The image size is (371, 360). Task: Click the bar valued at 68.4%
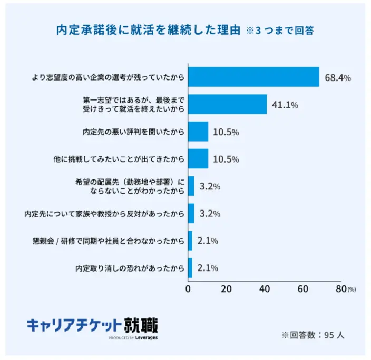pos(253,77)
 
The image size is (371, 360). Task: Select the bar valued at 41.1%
pos(227,105)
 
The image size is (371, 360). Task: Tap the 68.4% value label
pos(338,78)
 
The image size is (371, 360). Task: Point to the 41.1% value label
pos(285,105)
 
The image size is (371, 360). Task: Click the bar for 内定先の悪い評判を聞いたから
pos(198,132)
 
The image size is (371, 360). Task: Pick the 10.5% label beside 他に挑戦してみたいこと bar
pos(226,159)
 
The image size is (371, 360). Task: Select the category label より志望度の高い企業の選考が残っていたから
pos(108,78)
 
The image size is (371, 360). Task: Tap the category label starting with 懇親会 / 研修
pos(109,242)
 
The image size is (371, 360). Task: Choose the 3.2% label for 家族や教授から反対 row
pos(209,214)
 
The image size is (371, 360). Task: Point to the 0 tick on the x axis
pos(189,289)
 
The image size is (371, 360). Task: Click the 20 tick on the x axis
pos(226,289)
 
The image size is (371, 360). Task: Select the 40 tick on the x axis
pos(265,289)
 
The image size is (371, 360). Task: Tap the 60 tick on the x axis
pos(302,289)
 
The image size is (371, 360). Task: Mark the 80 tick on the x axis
pos(340,289)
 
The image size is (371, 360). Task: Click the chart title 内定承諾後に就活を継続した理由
pos(148,30)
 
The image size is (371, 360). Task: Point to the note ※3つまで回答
pos(280,31)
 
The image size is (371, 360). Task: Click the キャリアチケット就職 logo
pos(92,323)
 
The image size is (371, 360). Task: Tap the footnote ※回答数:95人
pos(313,335)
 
